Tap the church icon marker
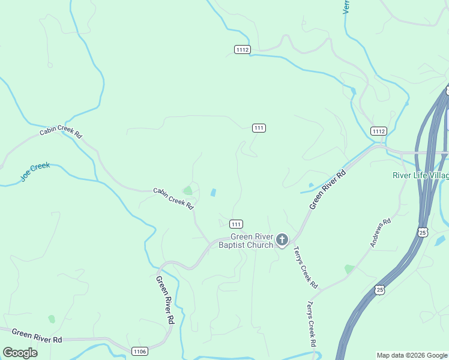(282, 241)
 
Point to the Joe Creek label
(35, 172)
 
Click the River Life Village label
(420, 175)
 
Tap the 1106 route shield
(140, 350)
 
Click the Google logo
(20, 353)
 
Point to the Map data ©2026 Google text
(412, 355)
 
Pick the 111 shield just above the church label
(236, 224)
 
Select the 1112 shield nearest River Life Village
(378, 131)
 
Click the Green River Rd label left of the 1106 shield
(37, 335)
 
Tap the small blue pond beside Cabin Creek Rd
(214, 193)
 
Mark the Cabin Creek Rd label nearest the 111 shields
(173, 197)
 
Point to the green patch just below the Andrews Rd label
(349, 269)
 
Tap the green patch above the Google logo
(52, 319)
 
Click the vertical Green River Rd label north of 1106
(165, 300)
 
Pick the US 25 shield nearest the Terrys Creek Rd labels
(379, 290)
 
